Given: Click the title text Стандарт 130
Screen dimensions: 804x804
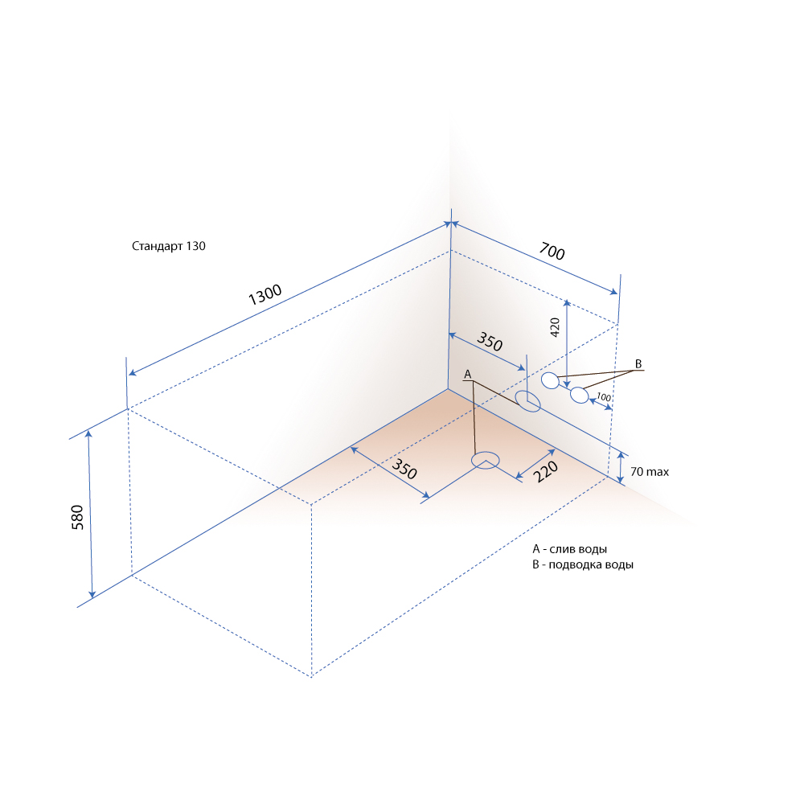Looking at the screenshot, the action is (169, 246).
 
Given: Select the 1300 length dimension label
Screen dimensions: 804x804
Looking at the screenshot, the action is (265, 294).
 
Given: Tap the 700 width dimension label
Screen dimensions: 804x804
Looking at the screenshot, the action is (552, 251).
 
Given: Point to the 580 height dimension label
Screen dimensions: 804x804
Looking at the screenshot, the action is (77, 517).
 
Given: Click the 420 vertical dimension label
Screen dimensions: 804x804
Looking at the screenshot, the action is (555, 327).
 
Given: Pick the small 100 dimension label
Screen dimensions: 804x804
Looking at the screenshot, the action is (604, 397).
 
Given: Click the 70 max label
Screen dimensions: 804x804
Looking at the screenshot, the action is (650, 472).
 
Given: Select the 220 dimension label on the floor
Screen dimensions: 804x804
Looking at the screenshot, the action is (546, 471).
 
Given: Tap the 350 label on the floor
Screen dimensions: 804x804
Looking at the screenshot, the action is (404, 469).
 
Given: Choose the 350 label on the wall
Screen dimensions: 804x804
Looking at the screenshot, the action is (490, 342).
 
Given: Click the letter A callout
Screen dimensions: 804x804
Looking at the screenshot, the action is (467, 375).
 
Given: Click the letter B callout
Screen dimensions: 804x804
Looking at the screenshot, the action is (638, 363).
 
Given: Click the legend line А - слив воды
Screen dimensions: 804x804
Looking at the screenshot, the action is (570, 549).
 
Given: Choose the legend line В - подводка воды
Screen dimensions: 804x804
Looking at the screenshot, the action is (583, 564).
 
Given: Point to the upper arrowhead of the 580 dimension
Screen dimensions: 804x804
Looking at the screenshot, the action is (88, 434).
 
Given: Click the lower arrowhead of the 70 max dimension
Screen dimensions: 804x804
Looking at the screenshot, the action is (621, 480).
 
